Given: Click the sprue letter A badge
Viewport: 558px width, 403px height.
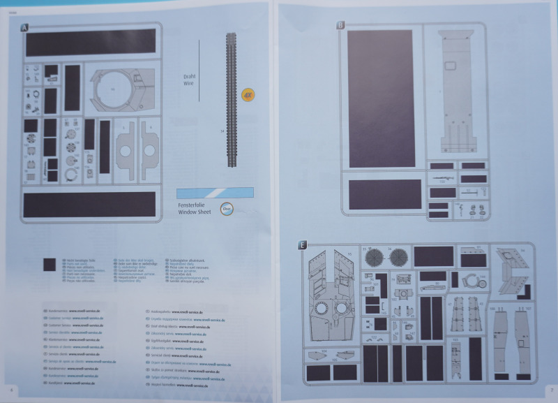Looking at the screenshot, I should coord(25,28).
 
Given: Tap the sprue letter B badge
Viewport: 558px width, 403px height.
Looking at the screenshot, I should coord(340,25).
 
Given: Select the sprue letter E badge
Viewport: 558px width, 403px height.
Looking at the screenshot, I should coord(301,245).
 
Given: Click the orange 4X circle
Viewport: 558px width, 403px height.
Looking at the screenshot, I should coord(248,94).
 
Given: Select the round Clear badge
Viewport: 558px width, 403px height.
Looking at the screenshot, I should coord(226,207).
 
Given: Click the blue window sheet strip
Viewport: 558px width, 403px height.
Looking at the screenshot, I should coord(214,192).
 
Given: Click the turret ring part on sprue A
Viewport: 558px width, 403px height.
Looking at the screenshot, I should coord(114,90).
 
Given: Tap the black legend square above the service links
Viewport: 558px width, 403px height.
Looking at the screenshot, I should coord(49,264).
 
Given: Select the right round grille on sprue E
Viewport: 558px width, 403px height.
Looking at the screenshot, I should coord(398,256).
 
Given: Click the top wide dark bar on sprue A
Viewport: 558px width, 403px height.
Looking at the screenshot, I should coord(91,43).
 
